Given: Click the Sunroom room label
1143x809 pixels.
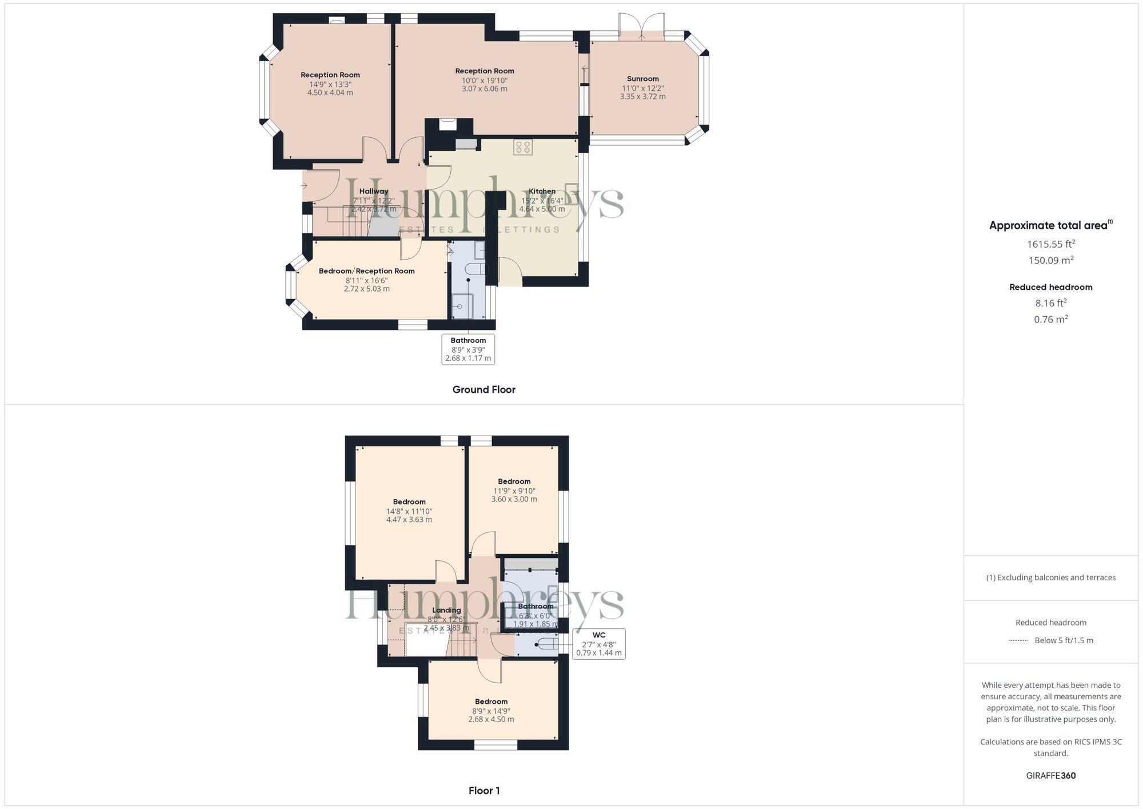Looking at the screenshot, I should pyautogui.click(x=642, y=79).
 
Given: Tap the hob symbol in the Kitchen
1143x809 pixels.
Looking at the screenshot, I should pyautogui.click(x=522, y=147).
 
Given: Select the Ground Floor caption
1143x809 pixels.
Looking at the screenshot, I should pyautogui.click(x=483, y=390).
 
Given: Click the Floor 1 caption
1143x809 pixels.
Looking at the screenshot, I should pyautogui.click(x=484, y=791).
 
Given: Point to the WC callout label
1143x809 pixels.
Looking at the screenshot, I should pyautogui.click(x=598, y=635).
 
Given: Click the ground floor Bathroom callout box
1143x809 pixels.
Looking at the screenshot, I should pyautogui.click(x=468, y=349).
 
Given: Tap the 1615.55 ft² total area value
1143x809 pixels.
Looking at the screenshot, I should pyautogui.click(x=1050, y=244).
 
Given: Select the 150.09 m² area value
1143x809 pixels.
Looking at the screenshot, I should pyautogui.click(x=1050, y=261).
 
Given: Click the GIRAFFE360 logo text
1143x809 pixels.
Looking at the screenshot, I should pyautogui.click(x=1050, y=776).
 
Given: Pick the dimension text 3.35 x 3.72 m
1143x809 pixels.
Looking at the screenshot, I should pyautogui.click(x=642, y=97).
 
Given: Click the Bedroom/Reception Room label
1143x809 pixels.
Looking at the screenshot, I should pyautogui.click(x=366, y=271).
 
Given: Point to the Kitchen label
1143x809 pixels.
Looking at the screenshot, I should pyautogui.click(x=542, y=192).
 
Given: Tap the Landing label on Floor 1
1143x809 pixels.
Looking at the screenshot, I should pyautogui.click(x=446, y=610).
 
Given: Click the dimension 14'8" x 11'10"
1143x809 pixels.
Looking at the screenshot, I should pyautogui.click(x=409, y=512).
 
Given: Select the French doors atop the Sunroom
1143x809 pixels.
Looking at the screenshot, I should pyautogui.click(x=641, y=27).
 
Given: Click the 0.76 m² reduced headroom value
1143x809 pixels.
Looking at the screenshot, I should pyautogui.click(x=1050, y=320).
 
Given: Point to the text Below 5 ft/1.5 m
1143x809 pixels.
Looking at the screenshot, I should pyautogui.click(x=1064, y=640).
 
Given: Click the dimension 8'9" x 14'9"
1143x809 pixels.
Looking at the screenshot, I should pyautogui.click(x=491, y=711).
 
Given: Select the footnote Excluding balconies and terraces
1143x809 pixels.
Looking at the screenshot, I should pyautogui.click(x=1050, y=577).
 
